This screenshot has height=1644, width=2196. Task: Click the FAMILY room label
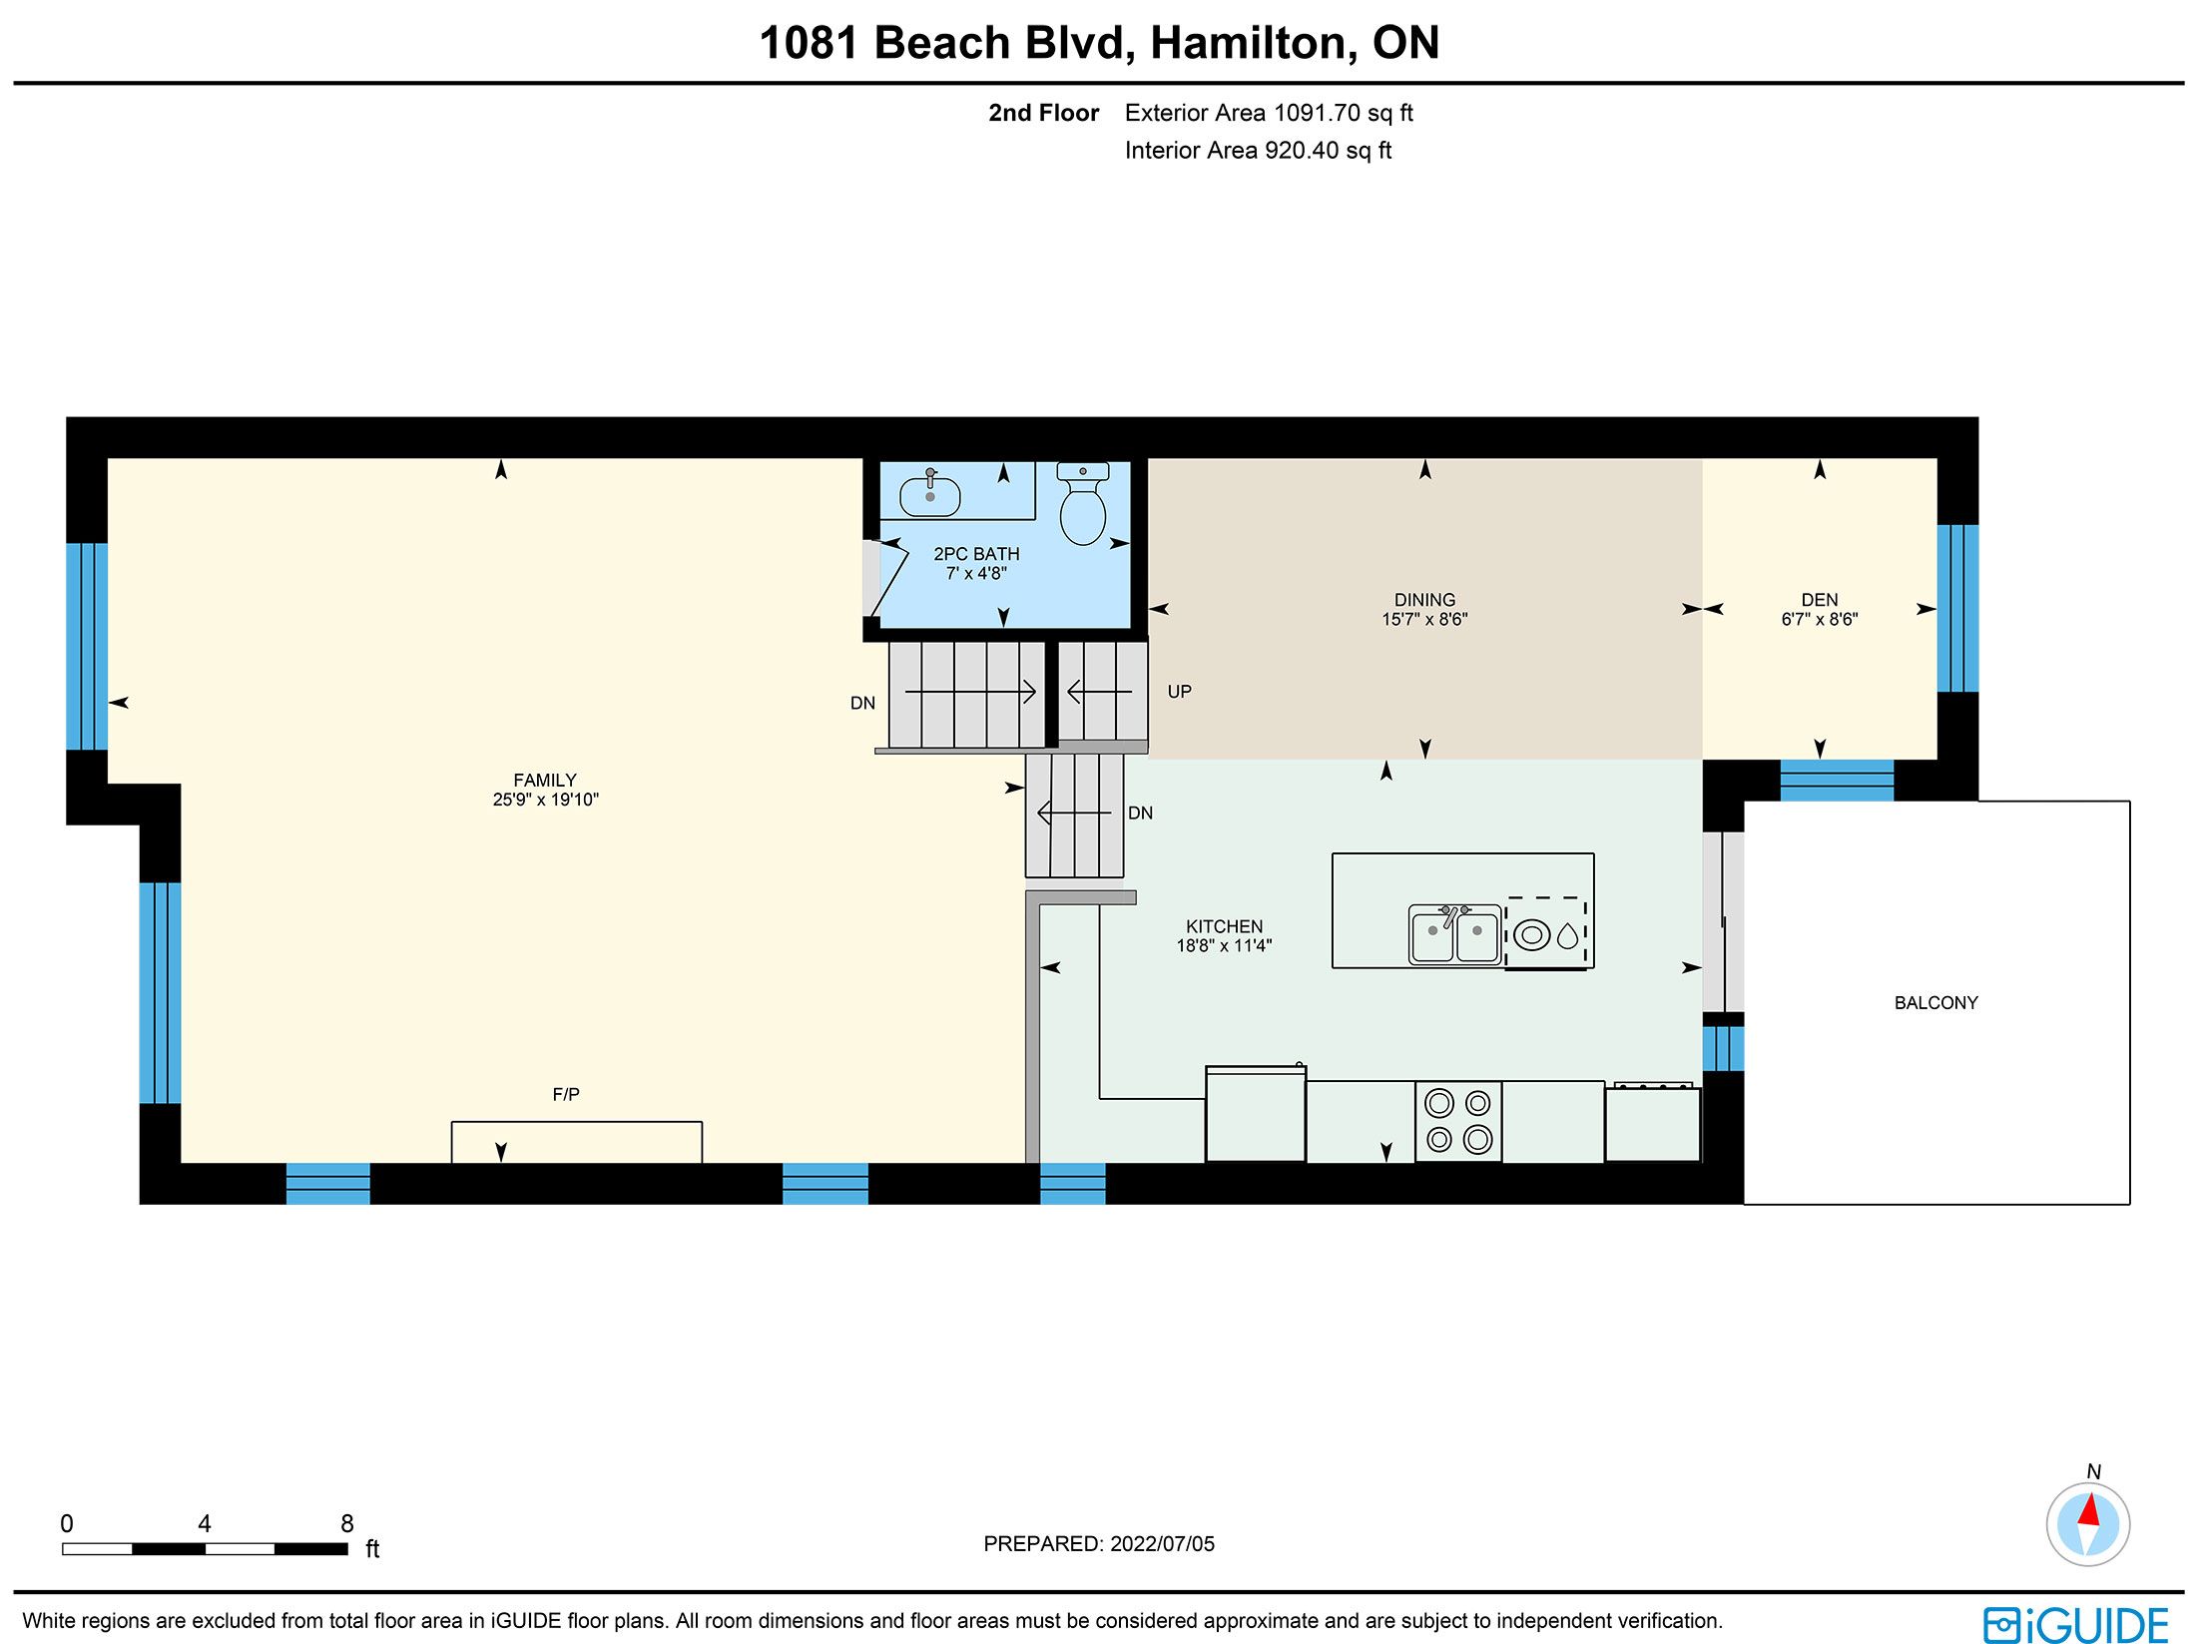[x=545, y=781]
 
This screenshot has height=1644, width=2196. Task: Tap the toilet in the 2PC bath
[x=1082, y=504]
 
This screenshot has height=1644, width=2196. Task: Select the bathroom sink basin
[x=930, y=495]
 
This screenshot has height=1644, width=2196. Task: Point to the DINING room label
[x=1424, y=600]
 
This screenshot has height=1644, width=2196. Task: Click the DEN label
[x=1820, y=600]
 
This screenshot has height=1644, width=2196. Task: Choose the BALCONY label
[x=1935, y=1003]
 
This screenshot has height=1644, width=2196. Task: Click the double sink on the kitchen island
[x=1454, y=934]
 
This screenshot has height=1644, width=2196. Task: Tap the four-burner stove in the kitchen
[x=1458, y=1121]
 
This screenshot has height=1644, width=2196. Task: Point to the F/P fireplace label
[x=566, y=1095]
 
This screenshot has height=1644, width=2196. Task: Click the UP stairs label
[x=1179, y=692]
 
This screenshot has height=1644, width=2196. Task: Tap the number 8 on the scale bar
[x=346, y=1523]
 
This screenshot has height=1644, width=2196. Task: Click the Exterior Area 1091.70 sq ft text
[x=1269, y=113]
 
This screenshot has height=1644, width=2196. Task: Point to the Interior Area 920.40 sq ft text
[x=1258, y=151]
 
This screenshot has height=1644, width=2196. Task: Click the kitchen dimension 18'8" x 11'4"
[x=1224, y=945]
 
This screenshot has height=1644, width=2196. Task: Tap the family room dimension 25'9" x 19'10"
[x=545, y=800]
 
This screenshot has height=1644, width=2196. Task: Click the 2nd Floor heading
[x=1043, y=113]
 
